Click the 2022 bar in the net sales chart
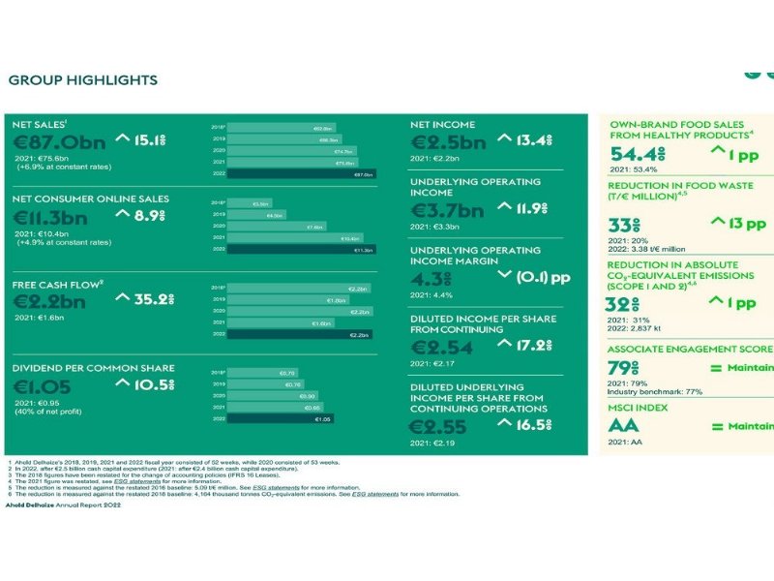[x=300, y=174]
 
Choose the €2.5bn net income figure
[x=448, y=142]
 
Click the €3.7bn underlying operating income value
[x=447, y=211]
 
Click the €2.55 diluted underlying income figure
[x=438, y=427]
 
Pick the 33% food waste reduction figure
[x=623, y=225]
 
